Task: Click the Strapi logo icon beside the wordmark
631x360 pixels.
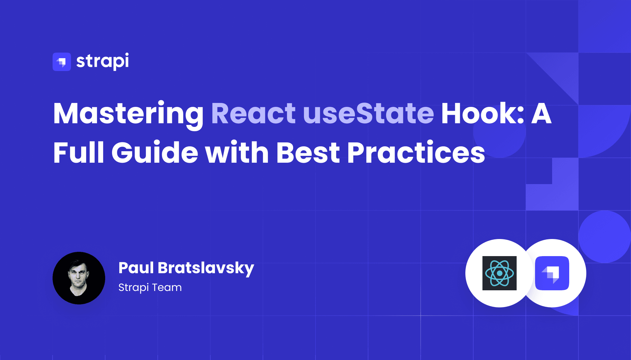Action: point(62,62)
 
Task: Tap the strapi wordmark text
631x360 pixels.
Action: point(103,61)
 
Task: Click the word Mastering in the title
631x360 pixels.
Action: point(129,114)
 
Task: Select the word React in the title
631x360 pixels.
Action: point(253,114)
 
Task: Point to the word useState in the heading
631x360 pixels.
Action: point(368,114)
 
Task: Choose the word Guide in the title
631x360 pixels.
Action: point(155,153)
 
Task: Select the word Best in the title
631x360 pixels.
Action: point(308,153)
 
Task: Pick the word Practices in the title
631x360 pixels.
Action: point(416,153)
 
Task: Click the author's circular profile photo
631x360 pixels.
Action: point(79,278)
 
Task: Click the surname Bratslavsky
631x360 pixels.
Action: point(206,268)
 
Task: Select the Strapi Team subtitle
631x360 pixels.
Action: point(150,287)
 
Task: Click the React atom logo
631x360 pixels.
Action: point(499,273)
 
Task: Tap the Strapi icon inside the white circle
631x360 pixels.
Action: point(552,273)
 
